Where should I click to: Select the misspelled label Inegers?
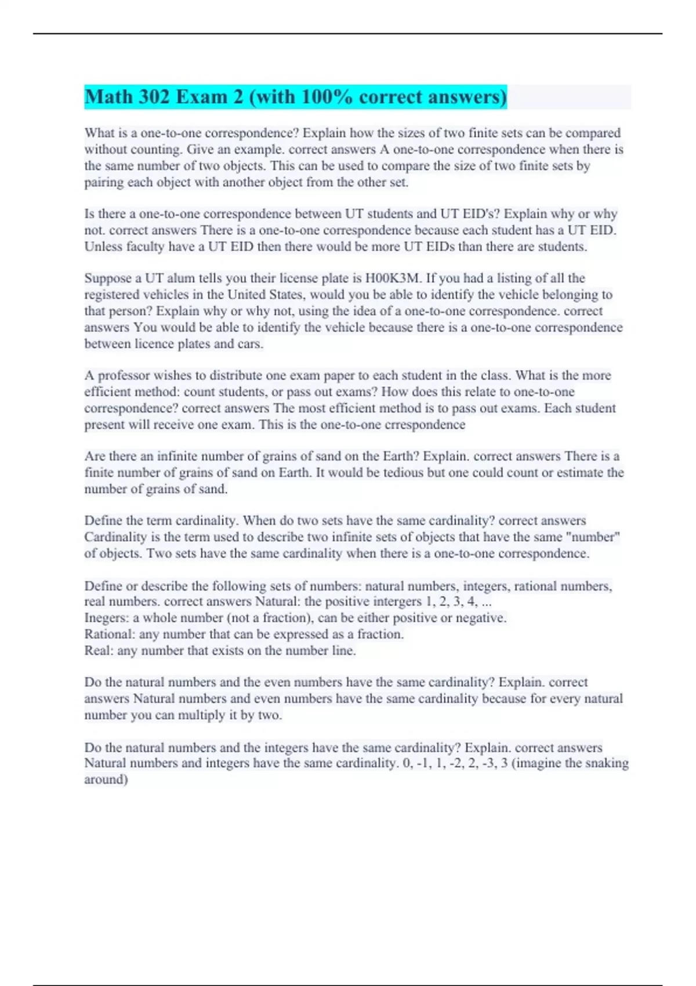pos(107,618)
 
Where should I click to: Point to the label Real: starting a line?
pos(99,651)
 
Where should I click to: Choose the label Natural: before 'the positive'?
pos(278,601)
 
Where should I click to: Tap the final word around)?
pos(106,780)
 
